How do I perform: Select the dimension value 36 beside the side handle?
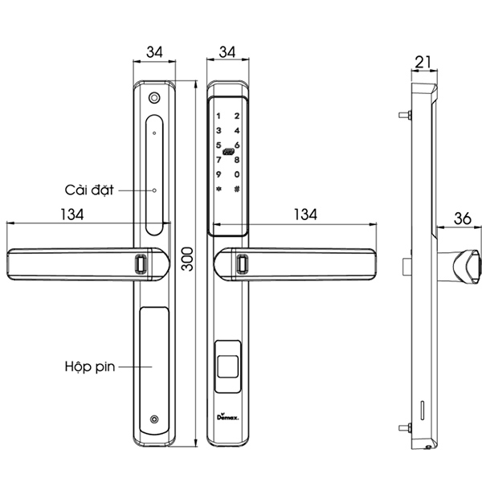(x=462, y=217)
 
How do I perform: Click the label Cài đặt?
(x=90, y=190)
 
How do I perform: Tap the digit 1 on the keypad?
(x=218, y=116)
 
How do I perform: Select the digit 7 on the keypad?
(x=218, y=160)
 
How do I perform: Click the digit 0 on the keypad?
(x=237, y=175)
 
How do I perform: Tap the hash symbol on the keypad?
(x=237, y=190)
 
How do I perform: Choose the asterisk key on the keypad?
(x=218, y=190)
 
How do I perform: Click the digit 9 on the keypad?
(x=218, y=175)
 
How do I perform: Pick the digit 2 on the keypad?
(x=237, y=116)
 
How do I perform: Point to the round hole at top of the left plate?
(x=153, y=99)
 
